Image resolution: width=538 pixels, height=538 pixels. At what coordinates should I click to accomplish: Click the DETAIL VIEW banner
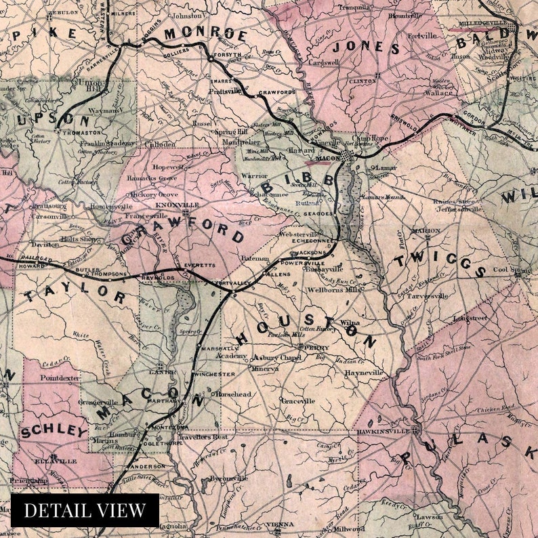click(x=85, y=510)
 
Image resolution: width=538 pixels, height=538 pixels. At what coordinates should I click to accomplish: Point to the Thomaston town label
click(x=79, y=133)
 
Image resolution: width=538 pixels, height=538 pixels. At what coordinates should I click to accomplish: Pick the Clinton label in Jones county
click(x=362, y=81)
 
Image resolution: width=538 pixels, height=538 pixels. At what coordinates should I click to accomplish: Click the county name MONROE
click(x=205, y=34)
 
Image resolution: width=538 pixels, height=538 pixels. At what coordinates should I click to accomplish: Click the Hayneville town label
click(x=360, y=373)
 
